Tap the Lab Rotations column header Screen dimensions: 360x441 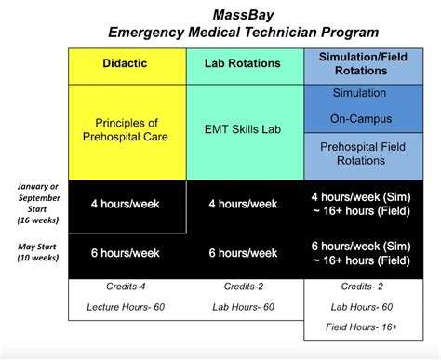coord(245,63)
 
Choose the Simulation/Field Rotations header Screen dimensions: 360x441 coord(364,63)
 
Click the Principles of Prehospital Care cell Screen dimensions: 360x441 coord(127,130)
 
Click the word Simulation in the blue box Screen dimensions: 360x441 coord(364,96)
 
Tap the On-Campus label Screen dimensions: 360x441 coord(364,119)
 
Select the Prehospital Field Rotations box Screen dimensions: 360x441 coord(364,154)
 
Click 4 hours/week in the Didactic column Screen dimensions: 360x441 coord(127,205)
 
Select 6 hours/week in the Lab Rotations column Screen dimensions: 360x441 coord(245,253)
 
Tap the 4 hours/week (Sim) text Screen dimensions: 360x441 coord(364,196)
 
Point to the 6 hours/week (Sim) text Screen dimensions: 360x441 coord(364,246)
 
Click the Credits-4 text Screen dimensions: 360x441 coord(127,287)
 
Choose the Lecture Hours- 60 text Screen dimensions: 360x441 coord(127,307)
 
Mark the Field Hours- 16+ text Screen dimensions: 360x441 coord(364,328)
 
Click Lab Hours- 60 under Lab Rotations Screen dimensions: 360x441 coord(245,307)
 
